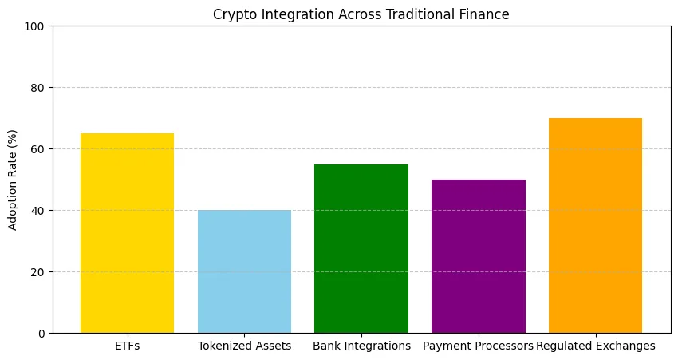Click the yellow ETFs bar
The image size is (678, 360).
(127, 233)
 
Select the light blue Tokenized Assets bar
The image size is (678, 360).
(244, 271)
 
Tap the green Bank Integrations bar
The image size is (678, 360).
(361, 249)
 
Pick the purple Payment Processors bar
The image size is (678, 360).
(479, 256)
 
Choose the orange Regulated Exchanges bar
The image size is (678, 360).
(595, 225)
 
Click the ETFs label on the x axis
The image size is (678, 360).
(127, 346)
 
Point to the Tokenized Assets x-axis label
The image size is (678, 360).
(244, 346)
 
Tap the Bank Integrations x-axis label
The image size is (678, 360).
(361, 346)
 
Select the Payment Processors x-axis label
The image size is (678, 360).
(479, 346)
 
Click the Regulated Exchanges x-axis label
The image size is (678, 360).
(595, 346)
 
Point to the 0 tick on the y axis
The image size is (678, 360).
(41, 334)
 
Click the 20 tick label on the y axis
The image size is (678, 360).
(38, 272)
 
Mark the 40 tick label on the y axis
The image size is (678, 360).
(38, 211)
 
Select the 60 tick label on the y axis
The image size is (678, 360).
(38, 149)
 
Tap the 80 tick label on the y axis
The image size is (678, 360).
(38, 88)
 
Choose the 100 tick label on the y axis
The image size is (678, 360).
(35, 26)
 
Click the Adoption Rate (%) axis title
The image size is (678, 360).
(12, 180)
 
